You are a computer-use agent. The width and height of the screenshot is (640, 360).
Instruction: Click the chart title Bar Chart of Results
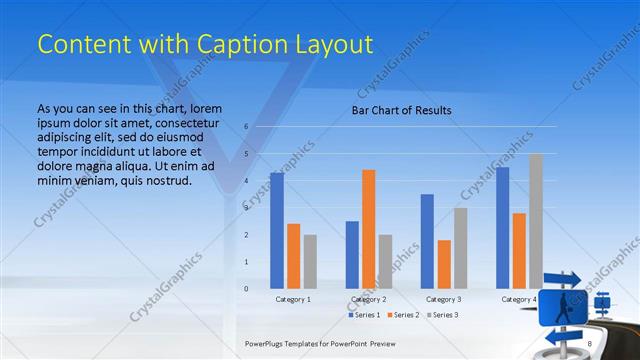pos(401,110)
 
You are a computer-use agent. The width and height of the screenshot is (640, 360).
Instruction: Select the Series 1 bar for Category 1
pos(277,230)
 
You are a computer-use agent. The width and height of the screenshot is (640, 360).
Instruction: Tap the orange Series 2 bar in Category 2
pos(369,229)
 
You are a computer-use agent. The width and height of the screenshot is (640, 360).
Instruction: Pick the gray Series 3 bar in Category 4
pos(536,221)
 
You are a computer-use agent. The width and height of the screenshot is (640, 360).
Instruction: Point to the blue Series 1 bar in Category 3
pos(427,241)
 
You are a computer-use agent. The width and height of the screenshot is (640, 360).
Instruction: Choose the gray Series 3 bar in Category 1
pos(310,261)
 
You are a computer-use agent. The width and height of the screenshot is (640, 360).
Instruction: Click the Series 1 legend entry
pos(364,315)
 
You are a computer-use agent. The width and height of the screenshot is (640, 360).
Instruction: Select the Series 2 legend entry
pos(403,315)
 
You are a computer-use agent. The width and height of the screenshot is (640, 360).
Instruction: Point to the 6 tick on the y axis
pos(246,127)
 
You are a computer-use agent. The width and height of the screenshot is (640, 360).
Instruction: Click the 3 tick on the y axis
pos(246,208)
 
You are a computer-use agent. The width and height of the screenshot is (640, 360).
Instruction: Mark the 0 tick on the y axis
pos(246,289)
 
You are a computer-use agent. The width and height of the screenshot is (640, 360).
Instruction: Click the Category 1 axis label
pos(293,299)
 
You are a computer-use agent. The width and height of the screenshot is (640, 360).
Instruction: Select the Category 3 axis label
pos(444,299)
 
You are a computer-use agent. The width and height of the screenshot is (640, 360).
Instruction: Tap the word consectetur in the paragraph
pos(182,122)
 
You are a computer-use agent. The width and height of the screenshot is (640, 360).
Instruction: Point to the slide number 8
pos(590,343)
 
